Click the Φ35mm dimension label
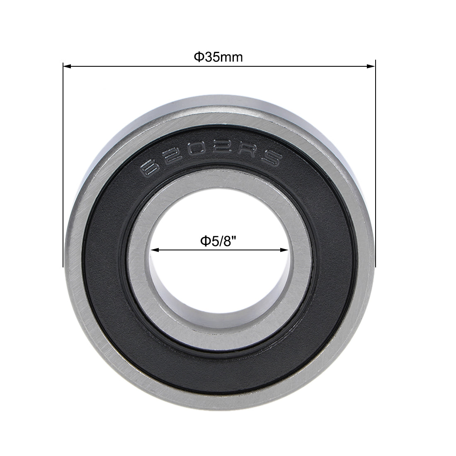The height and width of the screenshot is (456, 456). (218, 57)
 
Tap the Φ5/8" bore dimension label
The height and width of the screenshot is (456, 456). (219, 241)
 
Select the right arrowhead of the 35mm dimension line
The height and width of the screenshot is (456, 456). (371, 66)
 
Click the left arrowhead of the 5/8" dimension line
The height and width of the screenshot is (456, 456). (155, 250)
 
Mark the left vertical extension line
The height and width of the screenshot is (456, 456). (63, 166)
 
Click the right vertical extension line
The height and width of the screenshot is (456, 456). (375, 166)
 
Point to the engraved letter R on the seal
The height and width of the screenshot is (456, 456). (248, 154)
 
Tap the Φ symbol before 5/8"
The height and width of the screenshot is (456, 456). (203, 241)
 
